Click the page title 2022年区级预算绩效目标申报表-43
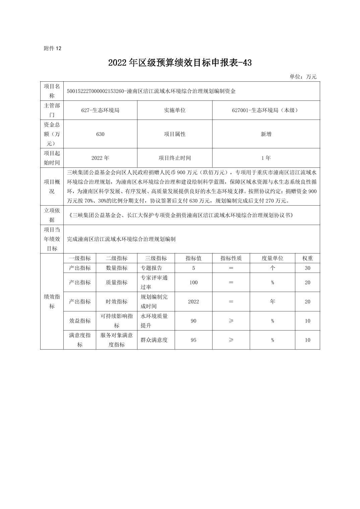pos(180,63)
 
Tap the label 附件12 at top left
pos(53,49)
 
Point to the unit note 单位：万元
pos(303,77)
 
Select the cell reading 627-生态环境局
pos(100,110)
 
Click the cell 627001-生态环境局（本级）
pos(266,110)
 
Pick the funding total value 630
pos(100,134)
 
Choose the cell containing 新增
pos(266,134)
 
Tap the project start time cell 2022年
pos(100,158)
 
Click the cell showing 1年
pos(266,158)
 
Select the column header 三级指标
pos(156,258)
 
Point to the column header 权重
pos(307,258)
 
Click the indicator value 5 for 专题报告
pos(193,268)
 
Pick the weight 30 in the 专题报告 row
pos(307,268)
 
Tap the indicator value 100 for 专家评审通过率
pos(193,282)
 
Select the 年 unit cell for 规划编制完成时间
pos(273,301)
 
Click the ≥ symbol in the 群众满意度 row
pos(231,340)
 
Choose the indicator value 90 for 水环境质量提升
pos(193,321)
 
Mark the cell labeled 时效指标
pos(117,301)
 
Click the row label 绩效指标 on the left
pos(52,301)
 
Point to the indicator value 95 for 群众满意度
pos(193,340)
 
